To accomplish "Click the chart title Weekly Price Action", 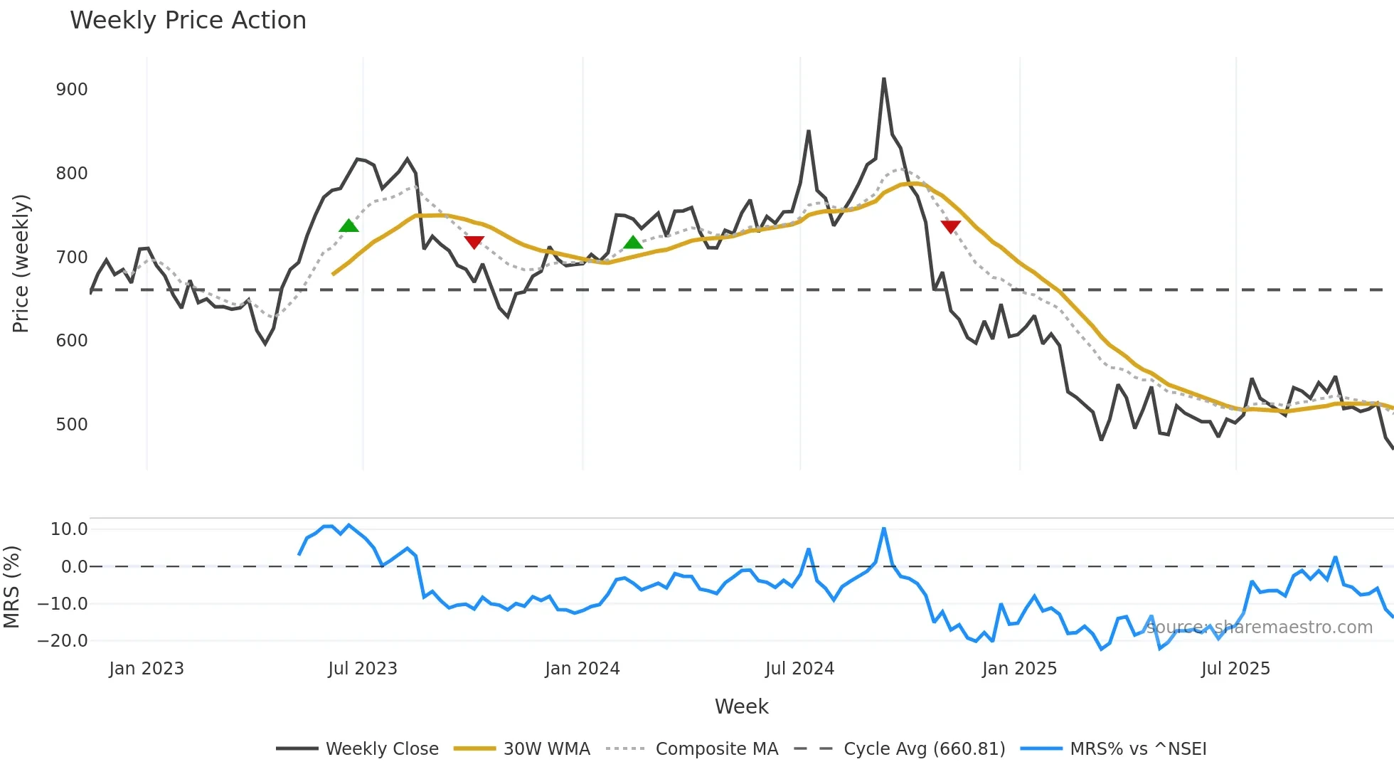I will pyautogui.click(x=188, y=21).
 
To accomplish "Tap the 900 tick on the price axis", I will pyautogui.click(x=72, y=90).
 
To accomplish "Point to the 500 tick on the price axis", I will pyautogui.click(x=72, y=425).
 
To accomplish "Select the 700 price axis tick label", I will pyautogui.click(x=72, y=258).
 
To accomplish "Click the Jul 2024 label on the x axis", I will pyautogui.click(x=799, y=669).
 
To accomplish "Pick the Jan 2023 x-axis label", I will pyautogui.click(x=147, y=669).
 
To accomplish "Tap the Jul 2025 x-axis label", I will pyautogui.click(x=1235, y=669).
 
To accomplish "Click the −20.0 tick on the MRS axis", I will pyautogui.click(x=63, y=641).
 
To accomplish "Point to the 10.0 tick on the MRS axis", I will pyautogui.click(x=69, y=529).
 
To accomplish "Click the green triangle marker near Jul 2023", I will pyautogui.click(x=348, y=226).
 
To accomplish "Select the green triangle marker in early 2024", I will pyautogui.click(x=633, y=243).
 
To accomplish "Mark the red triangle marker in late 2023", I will pyautogui.click(x=474, y=242).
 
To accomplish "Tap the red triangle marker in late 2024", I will pyautogui.click(x=951, y=226).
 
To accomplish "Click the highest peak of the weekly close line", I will pyautogui.click(x=884, y=79).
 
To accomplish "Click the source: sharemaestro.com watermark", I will pyautogui.click(x=1259, y=627).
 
